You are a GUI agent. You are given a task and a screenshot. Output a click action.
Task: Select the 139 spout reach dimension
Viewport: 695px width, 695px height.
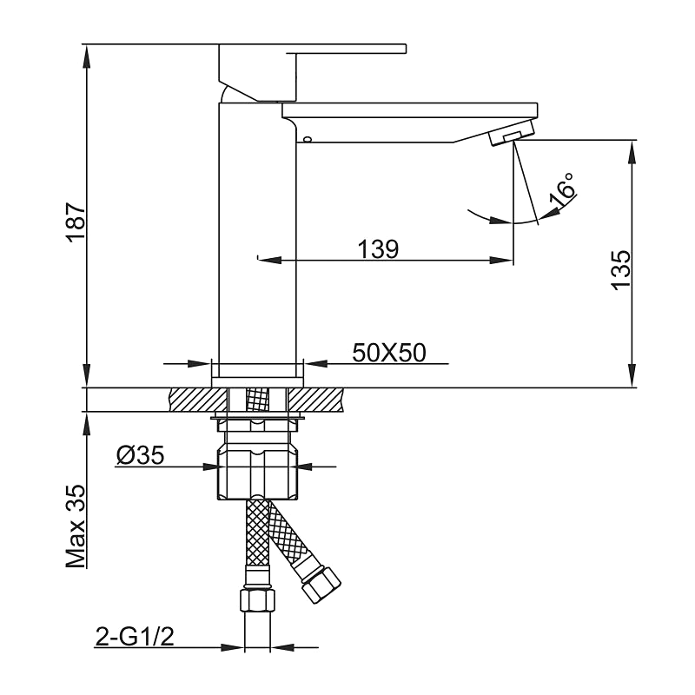pyautogui.click(x=378, y=250)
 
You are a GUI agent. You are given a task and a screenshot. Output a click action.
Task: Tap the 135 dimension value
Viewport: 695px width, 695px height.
pyautogui.click(x=619, y=269)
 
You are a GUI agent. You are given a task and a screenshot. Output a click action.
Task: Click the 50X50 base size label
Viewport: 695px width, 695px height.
pyautogui.click(x=387, y=353)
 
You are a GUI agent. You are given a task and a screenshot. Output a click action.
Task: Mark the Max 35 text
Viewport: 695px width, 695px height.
pyautogui.click(x=76, y=527)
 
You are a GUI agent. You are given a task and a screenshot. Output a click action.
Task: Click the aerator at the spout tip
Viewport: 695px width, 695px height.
pyautogui.click(x=513, y=136)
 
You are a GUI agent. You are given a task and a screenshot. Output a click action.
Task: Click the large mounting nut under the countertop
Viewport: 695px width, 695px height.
pyautogui.click(x=258, y=473)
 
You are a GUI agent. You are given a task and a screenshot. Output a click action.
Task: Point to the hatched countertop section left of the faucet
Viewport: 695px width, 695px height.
pyautogui.click(x=191, y=399)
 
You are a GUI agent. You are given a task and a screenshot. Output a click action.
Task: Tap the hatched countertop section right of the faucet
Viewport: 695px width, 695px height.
pyautogui.click(x=317, y=399)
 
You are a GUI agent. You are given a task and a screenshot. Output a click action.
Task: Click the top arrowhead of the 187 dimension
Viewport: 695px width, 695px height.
pyautogui.click(x=87, y=52)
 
